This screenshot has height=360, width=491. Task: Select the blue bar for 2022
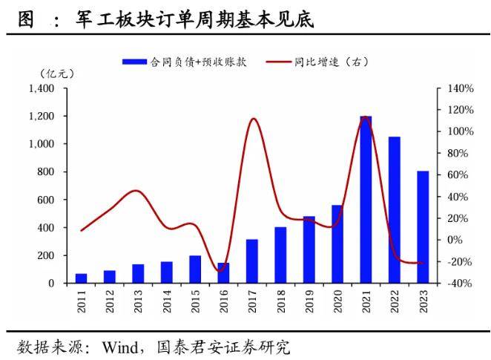pos(394,209)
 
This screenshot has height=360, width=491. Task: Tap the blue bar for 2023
pos(422,226)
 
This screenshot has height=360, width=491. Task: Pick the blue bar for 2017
pos(251,261)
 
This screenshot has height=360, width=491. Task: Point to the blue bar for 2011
pos(81,278)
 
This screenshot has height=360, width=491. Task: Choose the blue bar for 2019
pos(309,249)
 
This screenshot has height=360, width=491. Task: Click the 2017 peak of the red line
pos(253,119)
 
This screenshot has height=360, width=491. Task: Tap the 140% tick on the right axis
pos(460,88)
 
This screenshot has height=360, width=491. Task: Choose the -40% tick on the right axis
pos(460,283)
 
